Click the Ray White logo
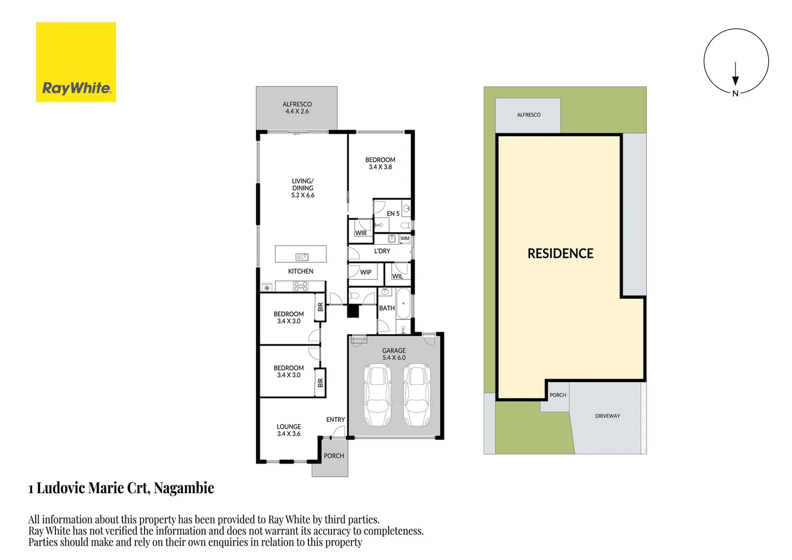pos(76,62)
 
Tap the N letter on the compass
pos(735,94)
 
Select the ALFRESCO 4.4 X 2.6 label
pos(297,108)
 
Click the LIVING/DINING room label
pos(303,188)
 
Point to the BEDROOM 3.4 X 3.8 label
pos(380,163)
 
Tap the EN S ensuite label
pos(393,214)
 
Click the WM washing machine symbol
pos(405,239)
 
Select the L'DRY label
pos(382,251)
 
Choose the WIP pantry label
pos(366,272)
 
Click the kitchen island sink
pos(302,257)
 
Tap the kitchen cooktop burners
pos(301,286)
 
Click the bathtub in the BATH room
pos(403,303)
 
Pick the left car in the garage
pos(378,395)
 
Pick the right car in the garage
pos(417,395)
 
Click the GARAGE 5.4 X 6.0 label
pos(394,354)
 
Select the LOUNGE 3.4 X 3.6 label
pos(289,430)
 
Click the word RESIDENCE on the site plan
pos(560,254)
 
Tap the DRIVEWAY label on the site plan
pos(607,416)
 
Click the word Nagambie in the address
pos(184,488)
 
